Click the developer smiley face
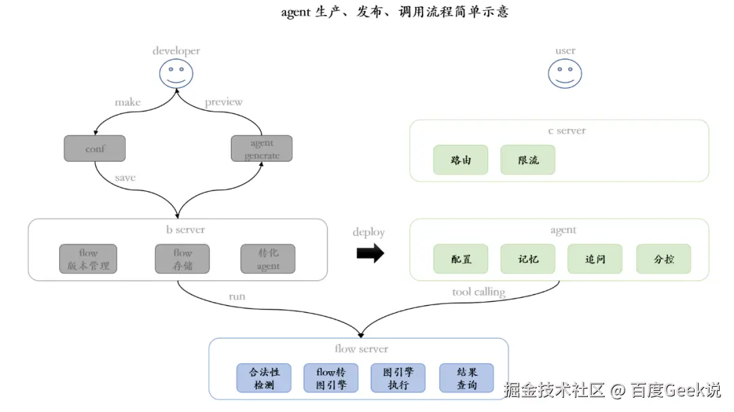point(176,73)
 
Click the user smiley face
point(565,73)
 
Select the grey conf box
point(94,148)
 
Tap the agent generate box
point(262,148)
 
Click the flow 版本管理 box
point(88,259)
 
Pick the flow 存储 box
point(182,259)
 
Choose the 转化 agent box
point(268,259)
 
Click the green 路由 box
point(461,160)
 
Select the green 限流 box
point(528,160)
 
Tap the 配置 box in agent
point(461,259)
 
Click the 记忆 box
point(528,259)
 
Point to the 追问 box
point(595,259)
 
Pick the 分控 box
point(663,259)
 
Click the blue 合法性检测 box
point(264,378)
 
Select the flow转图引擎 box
point(331,378)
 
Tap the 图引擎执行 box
point(398,378)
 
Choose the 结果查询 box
point(466,378)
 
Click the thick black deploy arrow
point(370,254)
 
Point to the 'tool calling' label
point(478,292)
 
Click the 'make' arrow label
point(128,102)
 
